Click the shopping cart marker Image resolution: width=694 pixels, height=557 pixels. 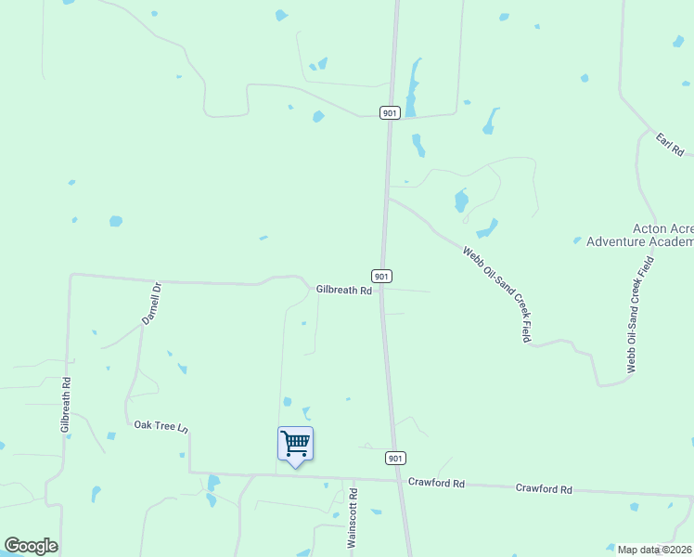coord(295,443)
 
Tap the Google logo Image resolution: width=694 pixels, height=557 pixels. coord(31,546)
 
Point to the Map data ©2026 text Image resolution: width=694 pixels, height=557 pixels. coord(655,550)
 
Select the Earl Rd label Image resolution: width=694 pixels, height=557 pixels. coord(670,144)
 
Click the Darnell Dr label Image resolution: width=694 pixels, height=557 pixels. coord(151,303)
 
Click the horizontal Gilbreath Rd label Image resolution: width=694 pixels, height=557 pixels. coord(343,291)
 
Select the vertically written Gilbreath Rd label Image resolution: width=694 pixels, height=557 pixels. coord(66,404)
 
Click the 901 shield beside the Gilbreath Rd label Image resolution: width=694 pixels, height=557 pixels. coord(381,276)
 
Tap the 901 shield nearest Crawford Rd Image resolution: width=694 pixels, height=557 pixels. coord(395,458)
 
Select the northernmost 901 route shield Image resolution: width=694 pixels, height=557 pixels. coord(390,112)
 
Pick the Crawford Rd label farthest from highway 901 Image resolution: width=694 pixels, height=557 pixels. coord(544,488)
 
